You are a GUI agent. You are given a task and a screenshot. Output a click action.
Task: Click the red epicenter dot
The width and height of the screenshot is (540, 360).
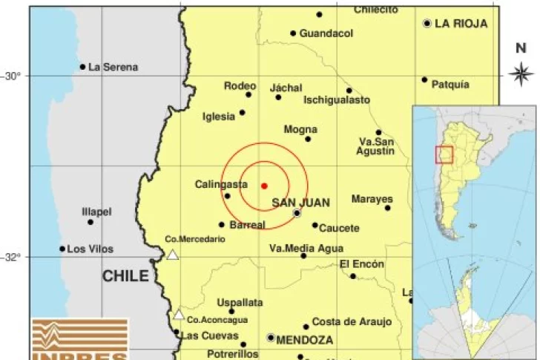[264, 185]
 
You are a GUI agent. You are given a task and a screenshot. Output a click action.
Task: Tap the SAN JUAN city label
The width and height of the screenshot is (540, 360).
[300, 202]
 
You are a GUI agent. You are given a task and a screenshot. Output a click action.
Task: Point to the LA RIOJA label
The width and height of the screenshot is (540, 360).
[461, 24]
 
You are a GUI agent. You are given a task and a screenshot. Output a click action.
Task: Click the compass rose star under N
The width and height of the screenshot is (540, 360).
[521, 73]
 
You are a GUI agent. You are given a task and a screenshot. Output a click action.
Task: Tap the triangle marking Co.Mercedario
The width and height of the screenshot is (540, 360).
[173, 255]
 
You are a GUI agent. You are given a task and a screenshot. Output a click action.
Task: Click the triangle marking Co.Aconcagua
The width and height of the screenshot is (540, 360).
[178, 315]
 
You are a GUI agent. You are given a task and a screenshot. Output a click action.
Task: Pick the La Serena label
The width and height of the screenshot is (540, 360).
[113, 67]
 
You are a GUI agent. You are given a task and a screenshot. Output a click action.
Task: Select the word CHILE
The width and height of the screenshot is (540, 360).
[125, 276]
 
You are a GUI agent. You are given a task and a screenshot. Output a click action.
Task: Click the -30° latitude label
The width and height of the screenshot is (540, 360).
[13, 75]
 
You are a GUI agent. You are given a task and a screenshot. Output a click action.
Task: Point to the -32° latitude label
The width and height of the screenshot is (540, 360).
[13, 258]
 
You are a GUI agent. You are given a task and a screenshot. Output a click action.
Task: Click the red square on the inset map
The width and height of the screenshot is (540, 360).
[444, 154]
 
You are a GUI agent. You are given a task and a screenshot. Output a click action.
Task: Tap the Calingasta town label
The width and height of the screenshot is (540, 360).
[221, 184]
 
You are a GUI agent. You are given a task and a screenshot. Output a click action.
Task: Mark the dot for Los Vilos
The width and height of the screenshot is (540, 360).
[62, 249]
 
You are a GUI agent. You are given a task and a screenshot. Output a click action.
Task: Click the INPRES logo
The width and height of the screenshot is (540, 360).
[79, 339]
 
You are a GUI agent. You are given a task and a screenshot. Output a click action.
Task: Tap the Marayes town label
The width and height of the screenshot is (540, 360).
[372, 199]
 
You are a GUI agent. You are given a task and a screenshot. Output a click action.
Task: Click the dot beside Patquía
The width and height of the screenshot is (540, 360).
[425, 79]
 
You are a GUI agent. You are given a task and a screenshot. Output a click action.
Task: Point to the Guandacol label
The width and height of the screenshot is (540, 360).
[326, 33]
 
